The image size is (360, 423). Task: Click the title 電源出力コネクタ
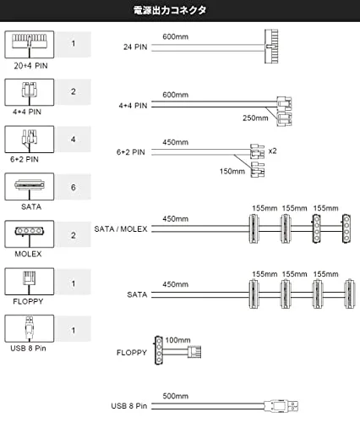[170, 10]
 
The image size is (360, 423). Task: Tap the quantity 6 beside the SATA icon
[74, 187]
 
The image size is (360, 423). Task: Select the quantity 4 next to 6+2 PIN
[74, 140]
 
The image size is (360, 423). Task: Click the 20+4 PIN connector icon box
[30, 45]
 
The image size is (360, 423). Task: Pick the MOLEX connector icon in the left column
[30, 233]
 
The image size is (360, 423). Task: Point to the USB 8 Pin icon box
[30, 328]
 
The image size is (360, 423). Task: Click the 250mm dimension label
[255, 118]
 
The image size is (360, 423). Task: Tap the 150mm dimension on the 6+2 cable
[232, 171]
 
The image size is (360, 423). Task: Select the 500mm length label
[175, 396]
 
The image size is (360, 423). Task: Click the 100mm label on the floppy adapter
[177, 340]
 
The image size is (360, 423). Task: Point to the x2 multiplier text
[272, 151]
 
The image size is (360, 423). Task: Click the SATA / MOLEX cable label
[121, 228]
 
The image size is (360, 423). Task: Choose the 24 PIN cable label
[135, 47]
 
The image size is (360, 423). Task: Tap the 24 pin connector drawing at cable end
[271, 47]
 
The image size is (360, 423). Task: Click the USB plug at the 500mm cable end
[281, 406]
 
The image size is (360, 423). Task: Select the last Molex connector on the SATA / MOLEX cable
[346, 228]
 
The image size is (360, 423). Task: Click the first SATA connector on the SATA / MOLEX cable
[254, 228]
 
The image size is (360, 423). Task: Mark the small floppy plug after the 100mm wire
[194, 352]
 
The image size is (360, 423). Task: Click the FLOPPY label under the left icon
[28, 301]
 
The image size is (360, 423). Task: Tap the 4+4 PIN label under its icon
[27, 112]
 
